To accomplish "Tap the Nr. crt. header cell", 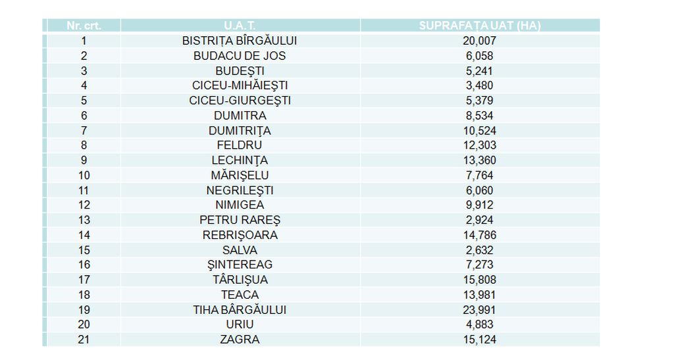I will pyautogui.click(x=84, y=26).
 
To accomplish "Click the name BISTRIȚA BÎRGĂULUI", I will pyautogui.click(x=239, y=41).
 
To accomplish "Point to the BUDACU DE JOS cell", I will pyautogui.click(x=239, y=56).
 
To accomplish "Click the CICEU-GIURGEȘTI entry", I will pyautogui.click(x=239, y=101).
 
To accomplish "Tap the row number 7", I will pyautogui.click(x=84, y=130).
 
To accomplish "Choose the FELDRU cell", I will pyautogui.click(x=239, y=145).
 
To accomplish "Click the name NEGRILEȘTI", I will pyautogui.click(x=239, y=190).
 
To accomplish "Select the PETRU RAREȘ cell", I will pyautogui.click(x=239, y=220).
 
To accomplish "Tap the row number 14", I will pyautogui.click(x=84, y=235).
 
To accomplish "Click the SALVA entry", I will pyautogui.click(x=239, y=250).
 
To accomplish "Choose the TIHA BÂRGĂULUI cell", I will pyautogui.click(x=239, y=309).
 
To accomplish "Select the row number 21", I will pyautogui.click(x=84, y=340).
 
